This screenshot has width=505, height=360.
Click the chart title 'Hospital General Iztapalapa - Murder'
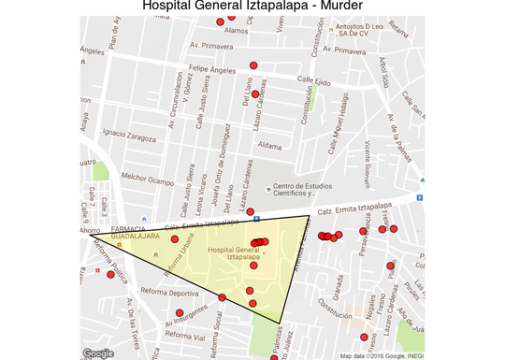pos(252,8)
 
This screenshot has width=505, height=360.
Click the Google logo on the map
pos(98,353)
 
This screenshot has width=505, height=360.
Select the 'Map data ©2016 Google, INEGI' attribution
pos(382,355)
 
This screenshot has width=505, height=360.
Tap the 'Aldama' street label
pos(269,146)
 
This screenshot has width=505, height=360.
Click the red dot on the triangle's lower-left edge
pos(222,297)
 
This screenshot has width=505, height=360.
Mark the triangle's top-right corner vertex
pos(310,216)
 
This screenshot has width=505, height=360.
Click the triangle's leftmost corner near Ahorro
pos(90,235)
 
